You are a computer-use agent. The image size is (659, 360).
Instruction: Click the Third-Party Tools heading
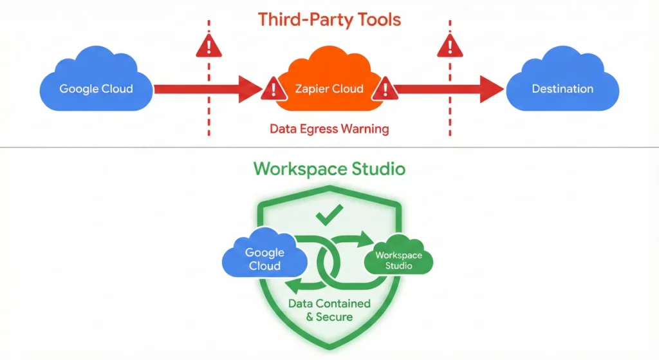pos(329,19)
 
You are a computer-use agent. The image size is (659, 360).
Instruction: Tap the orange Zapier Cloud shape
pos(329,84)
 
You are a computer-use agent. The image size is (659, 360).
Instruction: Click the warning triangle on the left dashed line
pos(209,46)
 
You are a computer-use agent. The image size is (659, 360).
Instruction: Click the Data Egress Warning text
pos(329,129)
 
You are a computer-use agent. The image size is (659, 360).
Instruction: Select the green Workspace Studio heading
pos(329,169)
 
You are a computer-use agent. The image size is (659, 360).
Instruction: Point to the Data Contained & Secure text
pos(329,310)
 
